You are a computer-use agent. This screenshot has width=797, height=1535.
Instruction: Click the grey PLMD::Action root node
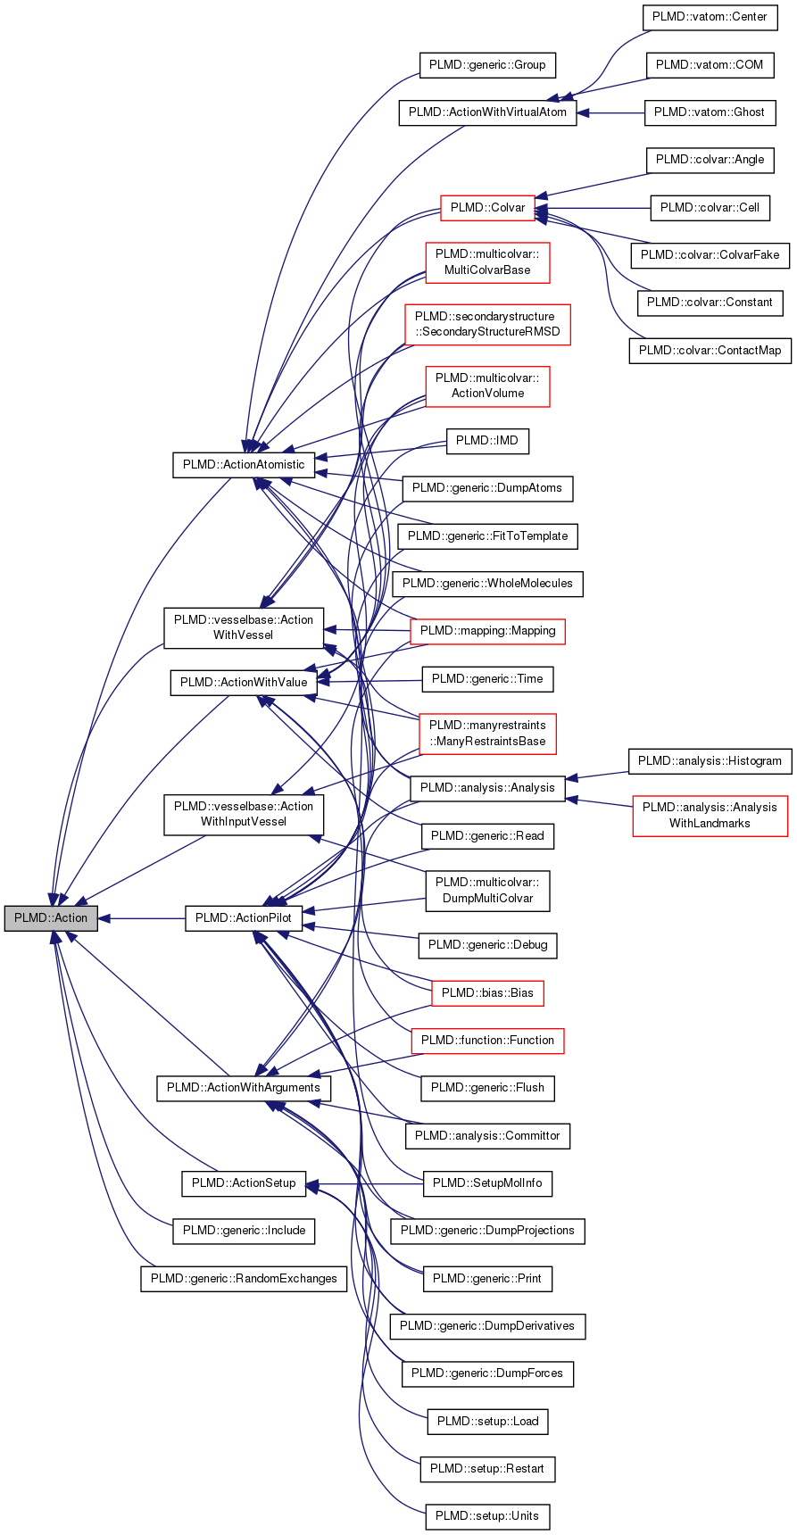point(51,918)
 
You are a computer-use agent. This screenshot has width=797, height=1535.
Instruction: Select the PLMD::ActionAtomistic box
point(244,465)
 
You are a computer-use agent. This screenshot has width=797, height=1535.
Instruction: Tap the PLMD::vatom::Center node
point(705,17)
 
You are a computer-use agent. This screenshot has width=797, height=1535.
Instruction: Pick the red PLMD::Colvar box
point(487,208)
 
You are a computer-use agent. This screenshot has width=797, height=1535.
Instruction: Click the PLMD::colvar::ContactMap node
point(710,351)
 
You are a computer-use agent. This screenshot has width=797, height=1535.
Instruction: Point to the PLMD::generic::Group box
point(487,65)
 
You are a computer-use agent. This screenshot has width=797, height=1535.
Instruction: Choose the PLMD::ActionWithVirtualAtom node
point(487,112)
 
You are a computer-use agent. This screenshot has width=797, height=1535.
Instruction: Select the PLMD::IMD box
point(487,441)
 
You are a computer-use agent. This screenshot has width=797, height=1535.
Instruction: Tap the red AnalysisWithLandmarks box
point(710,816)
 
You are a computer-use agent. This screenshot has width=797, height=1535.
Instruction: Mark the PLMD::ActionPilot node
point(244,918)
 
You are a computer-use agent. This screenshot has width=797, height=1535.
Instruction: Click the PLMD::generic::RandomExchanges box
point(244,1279)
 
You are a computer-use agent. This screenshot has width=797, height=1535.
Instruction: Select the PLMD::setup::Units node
point(487,1516)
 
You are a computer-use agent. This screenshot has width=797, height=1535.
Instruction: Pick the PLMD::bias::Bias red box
point(487,993)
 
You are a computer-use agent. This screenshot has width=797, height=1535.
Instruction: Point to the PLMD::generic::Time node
point(487,679)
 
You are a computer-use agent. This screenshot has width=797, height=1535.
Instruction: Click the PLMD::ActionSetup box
point(244,1183)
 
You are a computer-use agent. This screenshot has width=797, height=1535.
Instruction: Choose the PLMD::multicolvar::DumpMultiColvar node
point(487,891)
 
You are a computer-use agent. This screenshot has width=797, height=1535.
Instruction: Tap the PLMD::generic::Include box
point(244,1231)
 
